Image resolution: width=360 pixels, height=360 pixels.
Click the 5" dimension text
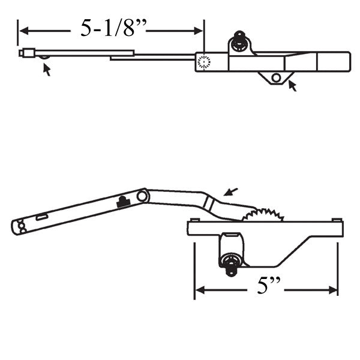(x=265, y=288)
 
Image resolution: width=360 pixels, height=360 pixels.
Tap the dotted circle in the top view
(x=204, y=61)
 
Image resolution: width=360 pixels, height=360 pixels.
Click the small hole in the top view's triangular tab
(x=275, y=77)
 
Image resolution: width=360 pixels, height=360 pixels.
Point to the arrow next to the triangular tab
(x=292, y=86)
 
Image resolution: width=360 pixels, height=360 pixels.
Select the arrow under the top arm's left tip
(x=46, y=70)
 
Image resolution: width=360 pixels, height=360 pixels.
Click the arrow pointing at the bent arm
(x=229, y=191)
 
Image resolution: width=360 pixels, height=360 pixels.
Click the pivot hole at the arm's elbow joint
(x=142, y=196)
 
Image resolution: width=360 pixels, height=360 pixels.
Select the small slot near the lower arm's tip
(x=42, y=217)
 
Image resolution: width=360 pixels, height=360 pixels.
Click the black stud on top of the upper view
(x=239, y=40)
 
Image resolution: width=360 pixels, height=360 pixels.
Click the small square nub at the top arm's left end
(x=23, y=53)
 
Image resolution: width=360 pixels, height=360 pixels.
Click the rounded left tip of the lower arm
(x=17, y=226)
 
